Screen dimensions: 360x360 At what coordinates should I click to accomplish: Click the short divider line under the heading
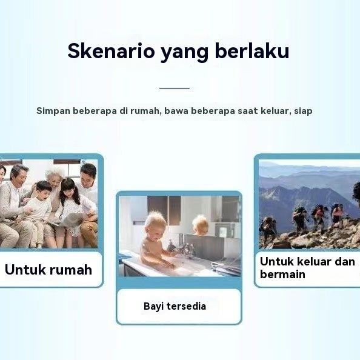pos(175,88)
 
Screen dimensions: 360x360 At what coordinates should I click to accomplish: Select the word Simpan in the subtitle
pos(53,111)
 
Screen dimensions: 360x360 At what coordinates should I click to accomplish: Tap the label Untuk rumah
pos(48,269)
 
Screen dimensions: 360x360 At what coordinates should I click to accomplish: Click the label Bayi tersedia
pos(175,306)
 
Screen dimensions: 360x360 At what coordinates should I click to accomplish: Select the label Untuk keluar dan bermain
pos(307,268)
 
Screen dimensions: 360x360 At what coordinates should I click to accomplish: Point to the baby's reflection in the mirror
pos(200,225)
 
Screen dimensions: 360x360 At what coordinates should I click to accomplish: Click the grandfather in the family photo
pos(15,200)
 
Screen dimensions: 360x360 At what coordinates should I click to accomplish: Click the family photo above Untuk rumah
pos(48,203)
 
